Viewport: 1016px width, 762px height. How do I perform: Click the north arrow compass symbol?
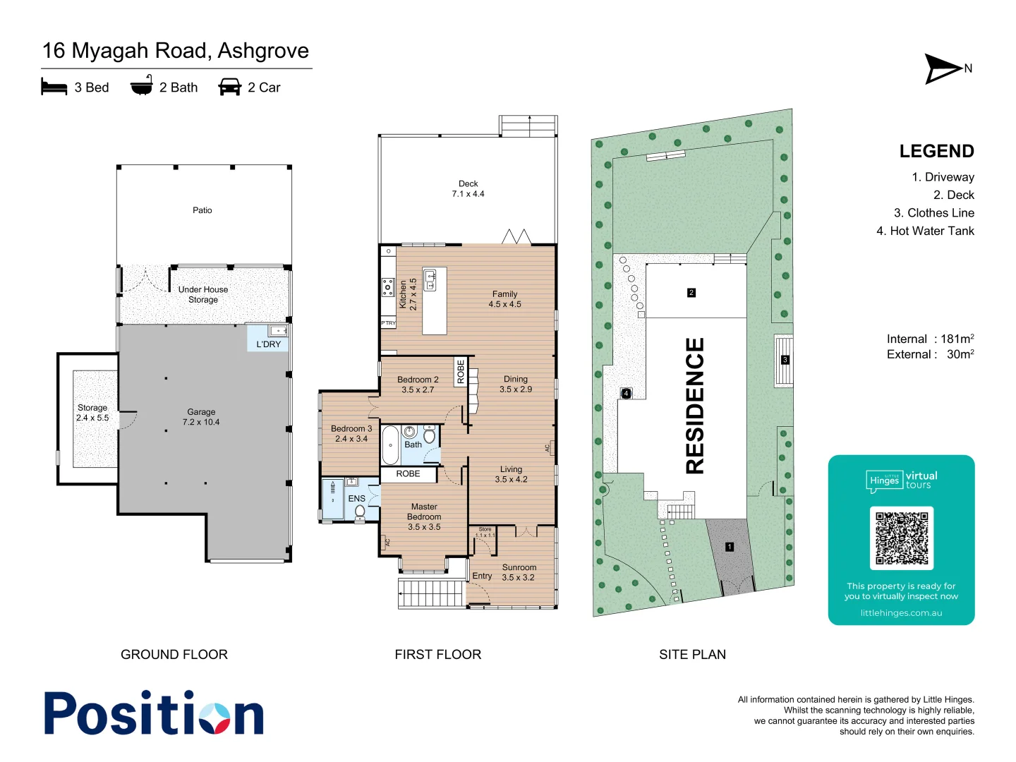pyautogui.click(x=943, y=68)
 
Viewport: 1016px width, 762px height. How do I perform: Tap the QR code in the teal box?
pyautogui.click(x=901, y=538)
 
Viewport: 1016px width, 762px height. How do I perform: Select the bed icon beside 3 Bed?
pyautogui.click(x=54, y=87)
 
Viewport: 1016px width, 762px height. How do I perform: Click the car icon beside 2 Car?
pyautogui.click(x=230, y=87)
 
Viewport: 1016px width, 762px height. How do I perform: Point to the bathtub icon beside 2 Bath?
pyautogui.click(x=142, y=85)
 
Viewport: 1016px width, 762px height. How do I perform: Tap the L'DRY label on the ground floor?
pyautogui.click(x=268, y=344)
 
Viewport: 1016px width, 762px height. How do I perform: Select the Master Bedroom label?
pyautogui.click(x=424, y=516)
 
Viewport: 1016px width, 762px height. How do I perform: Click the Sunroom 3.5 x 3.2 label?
pyautogui.click(x=519, y=572)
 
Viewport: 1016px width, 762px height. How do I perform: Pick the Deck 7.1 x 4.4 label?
pyautogui.click(x=468, y=188)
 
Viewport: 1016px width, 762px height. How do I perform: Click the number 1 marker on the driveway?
pyautogui.click(x=730, y=547)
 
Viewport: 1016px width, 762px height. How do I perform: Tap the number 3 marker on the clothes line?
pyautogui.click(x=785, y=360)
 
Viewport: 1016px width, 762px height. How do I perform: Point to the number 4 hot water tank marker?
pyautogui.click(x=626, y=394)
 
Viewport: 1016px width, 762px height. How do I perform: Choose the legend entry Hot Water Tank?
pyautogui.click(x=925, y=231)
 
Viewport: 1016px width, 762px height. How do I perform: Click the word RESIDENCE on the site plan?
pyautogui.click(x=695, y=406)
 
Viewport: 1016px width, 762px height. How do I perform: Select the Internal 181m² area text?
pyautogui.click(x=930, y=339)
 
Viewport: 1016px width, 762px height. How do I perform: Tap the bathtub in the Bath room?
pyautogui.click(x=390, y=445)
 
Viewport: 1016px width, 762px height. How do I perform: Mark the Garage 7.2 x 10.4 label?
pyautogui.click(x=201, y=417)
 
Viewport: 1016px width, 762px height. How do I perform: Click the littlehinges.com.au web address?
pyautogui.click(x=901, y=612)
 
